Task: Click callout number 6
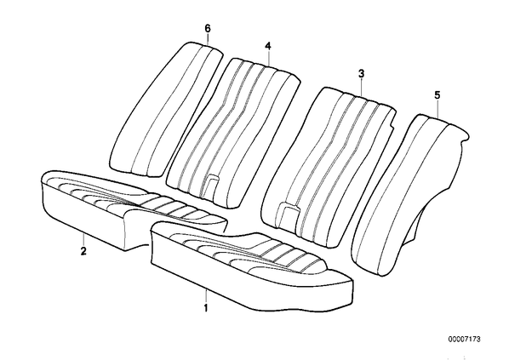tap(208, 29)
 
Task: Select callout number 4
tap(268, 46)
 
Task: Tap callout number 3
tap(361, 74)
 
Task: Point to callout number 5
tap(438, 95)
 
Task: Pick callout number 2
tap(83, 250)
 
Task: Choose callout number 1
tap(205, 307)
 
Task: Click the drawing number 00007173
tap(465, 340)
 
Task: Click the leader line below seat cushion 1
tap(206, 295)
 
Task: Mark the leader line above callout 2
tap(83, 239)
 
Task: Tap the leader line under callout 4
tap(268, 58)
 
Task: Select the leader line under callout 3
tap(362, 87)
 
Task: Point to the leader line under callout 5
tap(438, 109)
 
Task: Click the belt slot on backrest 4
tap(211, 185)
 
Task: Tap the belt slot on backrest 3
tap(287, 212)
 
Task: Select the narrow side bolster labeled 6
tap(167, 109)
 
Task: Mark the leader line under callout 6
tap(208, 38)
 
